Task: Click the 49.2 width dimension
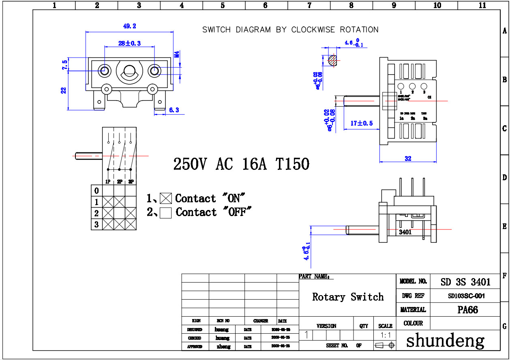point(130,26)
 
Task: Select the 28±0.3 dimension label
point(130,43)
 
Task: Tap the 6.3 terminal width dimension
point(174,110)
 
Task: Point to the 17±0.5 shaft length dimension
point(362,123)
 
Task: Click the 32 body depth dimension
point(408,159)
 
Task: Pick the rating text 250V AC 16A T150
point(241,164)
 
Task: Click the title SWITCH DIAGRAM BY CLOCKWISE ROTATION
point(290,30)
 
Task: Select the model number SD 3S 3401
point(465,282)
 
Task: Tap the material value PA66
point(467,310)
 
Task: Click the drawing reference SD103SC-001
point(466,296)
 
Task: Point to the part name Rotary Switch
point(348,297)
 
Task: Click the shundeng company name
point(445,341)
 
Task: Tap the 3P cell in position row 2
point(131,213)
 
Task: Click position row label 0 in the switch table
point(96,191)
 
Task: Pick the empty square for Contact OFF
point(165,212)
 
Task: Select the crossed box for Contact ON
point(166,198)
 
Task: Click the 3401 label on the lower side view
point(405,232)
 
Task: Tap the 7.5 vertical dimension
point(64,65)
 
